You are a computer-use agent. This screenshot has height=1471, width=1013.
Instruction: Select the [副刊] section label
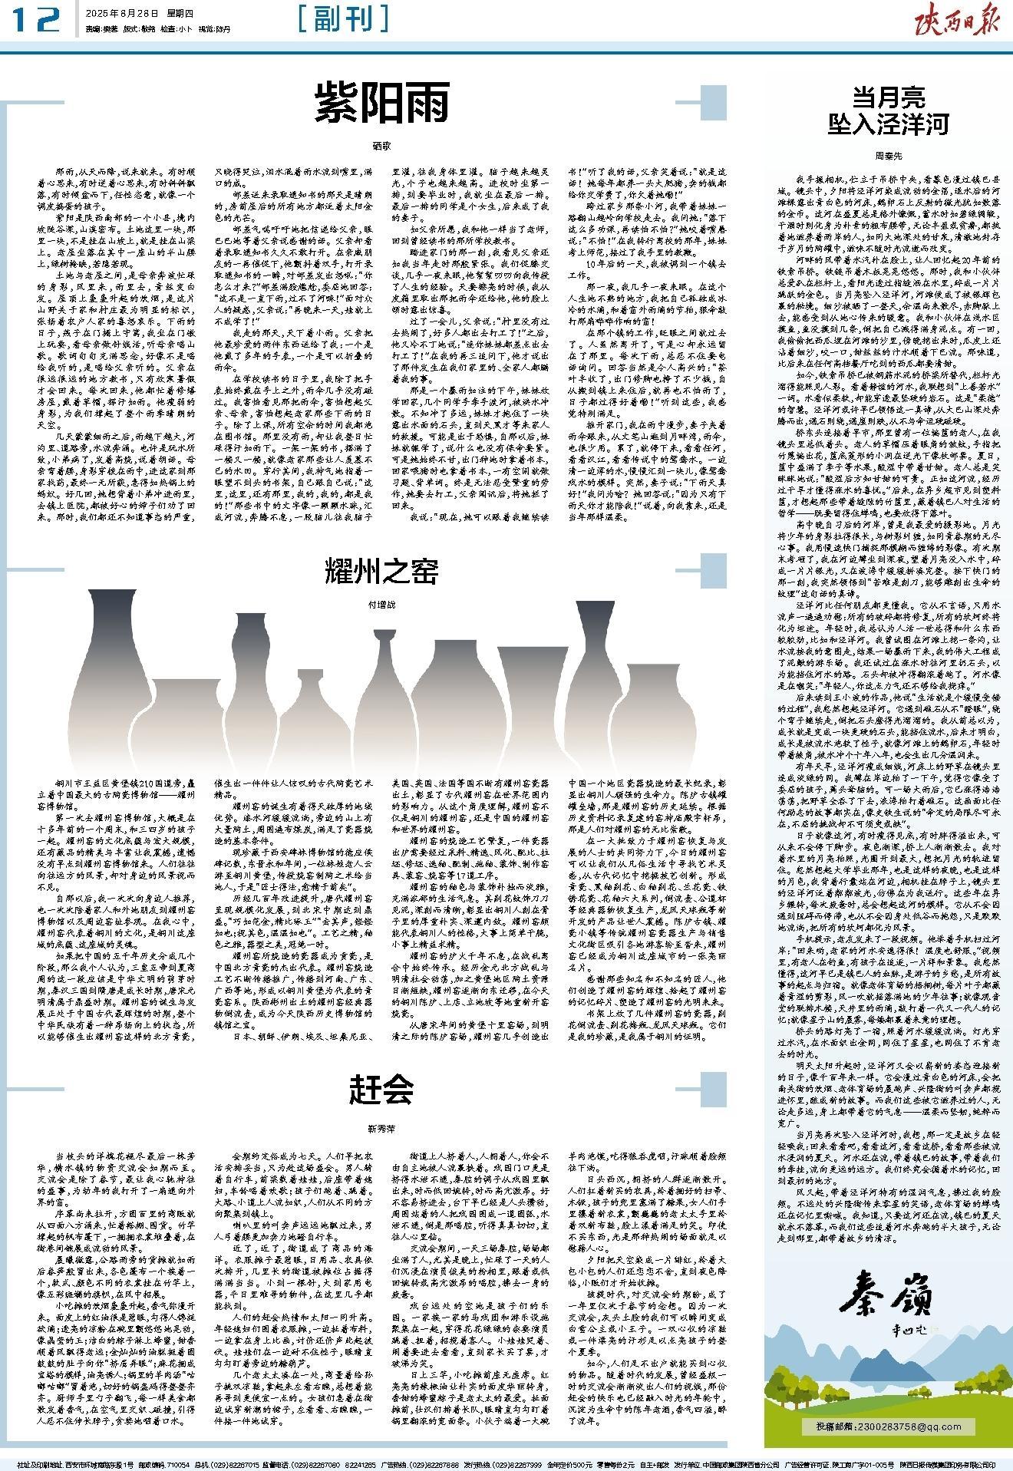point(342,18)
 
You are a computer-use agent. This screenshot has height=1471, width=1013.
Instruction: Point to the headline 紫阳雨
point(381,104)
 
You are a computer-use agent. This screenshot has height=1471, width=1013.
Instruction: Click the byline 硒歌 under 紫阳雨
point(381,144)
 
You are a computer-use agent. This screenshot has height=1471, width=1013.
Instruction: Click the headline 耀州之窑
point(381,571)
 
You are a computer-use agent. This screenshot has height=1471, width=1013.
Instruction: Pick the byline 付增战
point(381,605)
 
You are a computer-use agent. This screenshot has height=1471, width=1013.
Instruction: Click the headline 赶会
point(381,1088)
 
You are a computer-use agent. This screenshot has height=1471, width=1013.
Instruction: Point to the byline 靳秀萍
point(381,1129)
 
